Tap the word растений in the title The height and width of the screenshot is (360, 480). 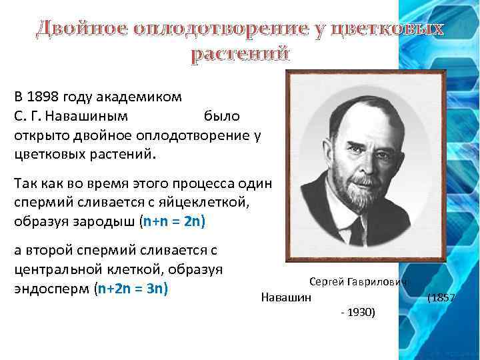pyautogui.click(x=240, y=53)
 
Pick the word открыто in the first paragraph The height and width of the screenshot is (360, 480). pyautogui.click(x=37, y=135)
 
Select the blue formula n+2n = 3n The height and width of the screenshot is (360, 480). pyautogui.click(x=133, y=289)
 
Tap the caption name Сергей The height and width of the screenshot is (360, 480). pyautogui.click(x=326, y=283)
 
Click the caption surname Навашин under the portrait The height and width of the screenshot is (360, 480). pyautogui.click(x=286, y=297)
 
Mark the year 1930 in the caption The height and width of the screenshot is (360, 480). pyautogui.click(x=361, y=312)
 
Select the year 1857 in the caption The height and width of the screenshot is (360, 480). pyautogui.click(x=443, y=297)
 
